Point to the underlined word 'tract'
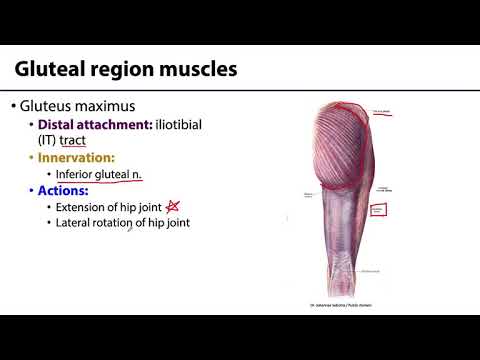pyautogui.click(x=71, y=141)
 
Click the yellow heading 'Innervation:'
pyautogui.click(x=76, y=158)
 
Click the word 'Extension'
pyautogui.click(x=86, y=207)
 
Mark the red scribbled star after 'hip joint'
pyautogui.click(x=173, y=206)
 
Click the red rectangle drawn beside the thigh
pyautogui.click(x=378, y=209)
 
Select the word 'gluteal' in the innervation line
pyautogui.click(x=118, y=174)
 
